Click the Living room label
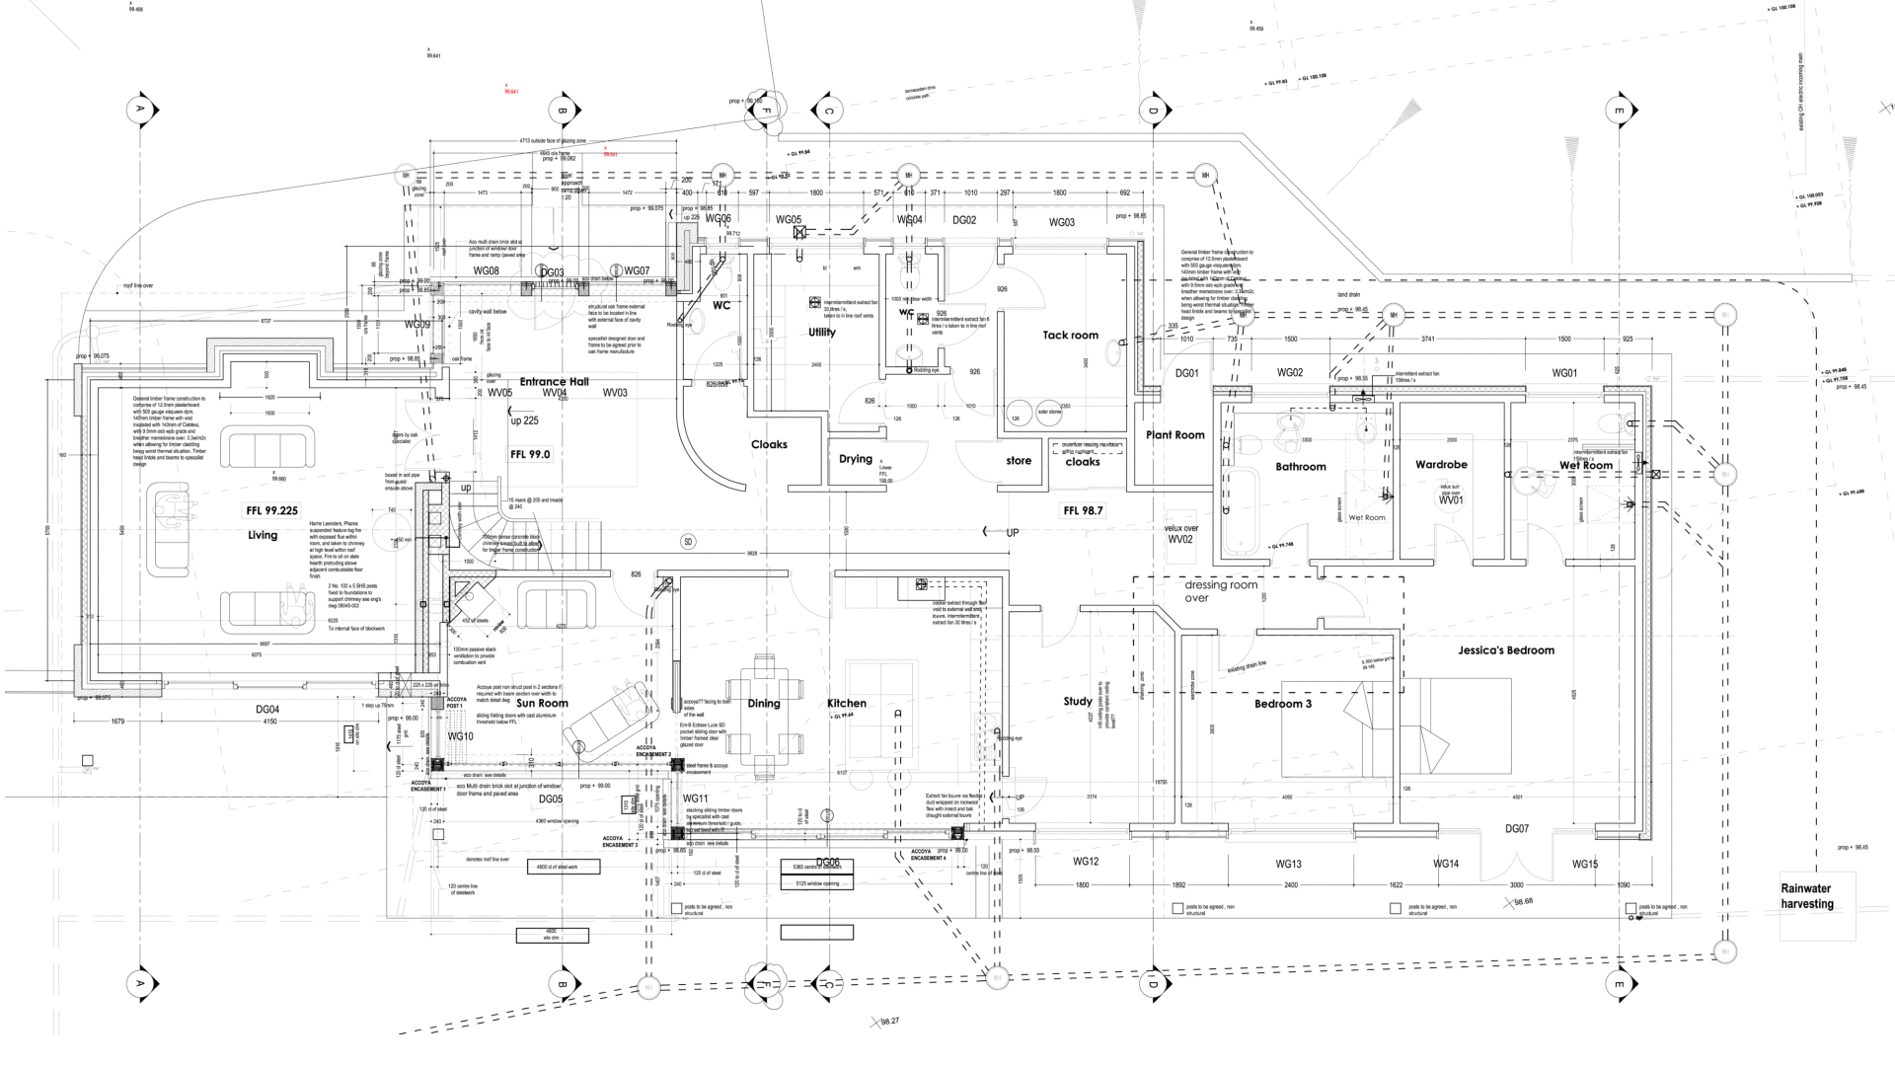pyautogui.click(x=263, y=535)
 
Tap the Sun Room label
pyautogui.click(x=542, y=704)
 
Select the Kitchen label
pyautogui.click(x=847, y=704)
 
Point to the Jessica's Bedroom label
pyautogui.click(x=1506, y=650)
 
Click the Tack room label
pyautogui.click(x=1070, y=336)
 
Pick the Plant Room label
pyautogui.click(x=1175, y=435)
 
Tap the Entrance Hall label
pyautogui.click(x=554, y=382)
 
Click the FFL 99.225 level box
pyautogui.click(x=271, y=510)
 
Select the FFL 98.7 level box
pyautogui.click(x=1083, y=510)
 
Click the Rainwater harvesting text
pyautogui.click(x=1807, y=896)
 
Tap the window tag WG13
pyautogui.click(x=1288, y=865)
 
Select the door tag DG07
pyautogui.click(x=1516, y=829)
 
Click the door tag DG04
pyautogui.click(x=267, y=710)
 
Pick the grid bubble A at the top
pyautogui.click(x=141, y=109)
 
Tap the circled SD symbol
pyautogui.click(x=689, y=542)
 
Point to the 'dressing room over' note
pyautogui.click(x=1221, y=591)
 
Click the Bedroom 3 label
pyautogui.click(x=1283, y=704)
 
